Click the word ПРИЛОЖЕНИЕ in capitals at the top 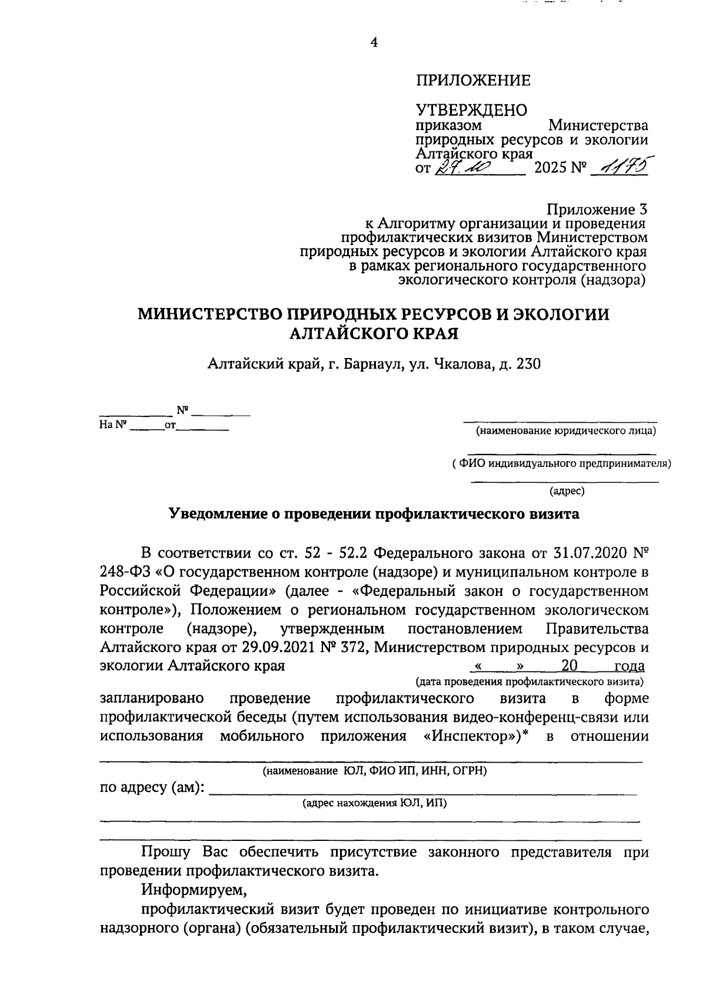(473, 81)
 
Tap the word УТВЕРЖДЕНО (471, 110)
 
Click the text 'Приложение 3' (597, 209)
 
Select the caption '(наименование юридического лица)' (566, 431)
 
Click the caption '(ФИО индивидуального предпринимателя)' (562, 463)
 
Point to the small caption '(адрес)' (567, 490)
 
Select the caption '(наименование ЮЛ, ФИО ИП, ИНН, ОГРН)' (374, 770)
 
